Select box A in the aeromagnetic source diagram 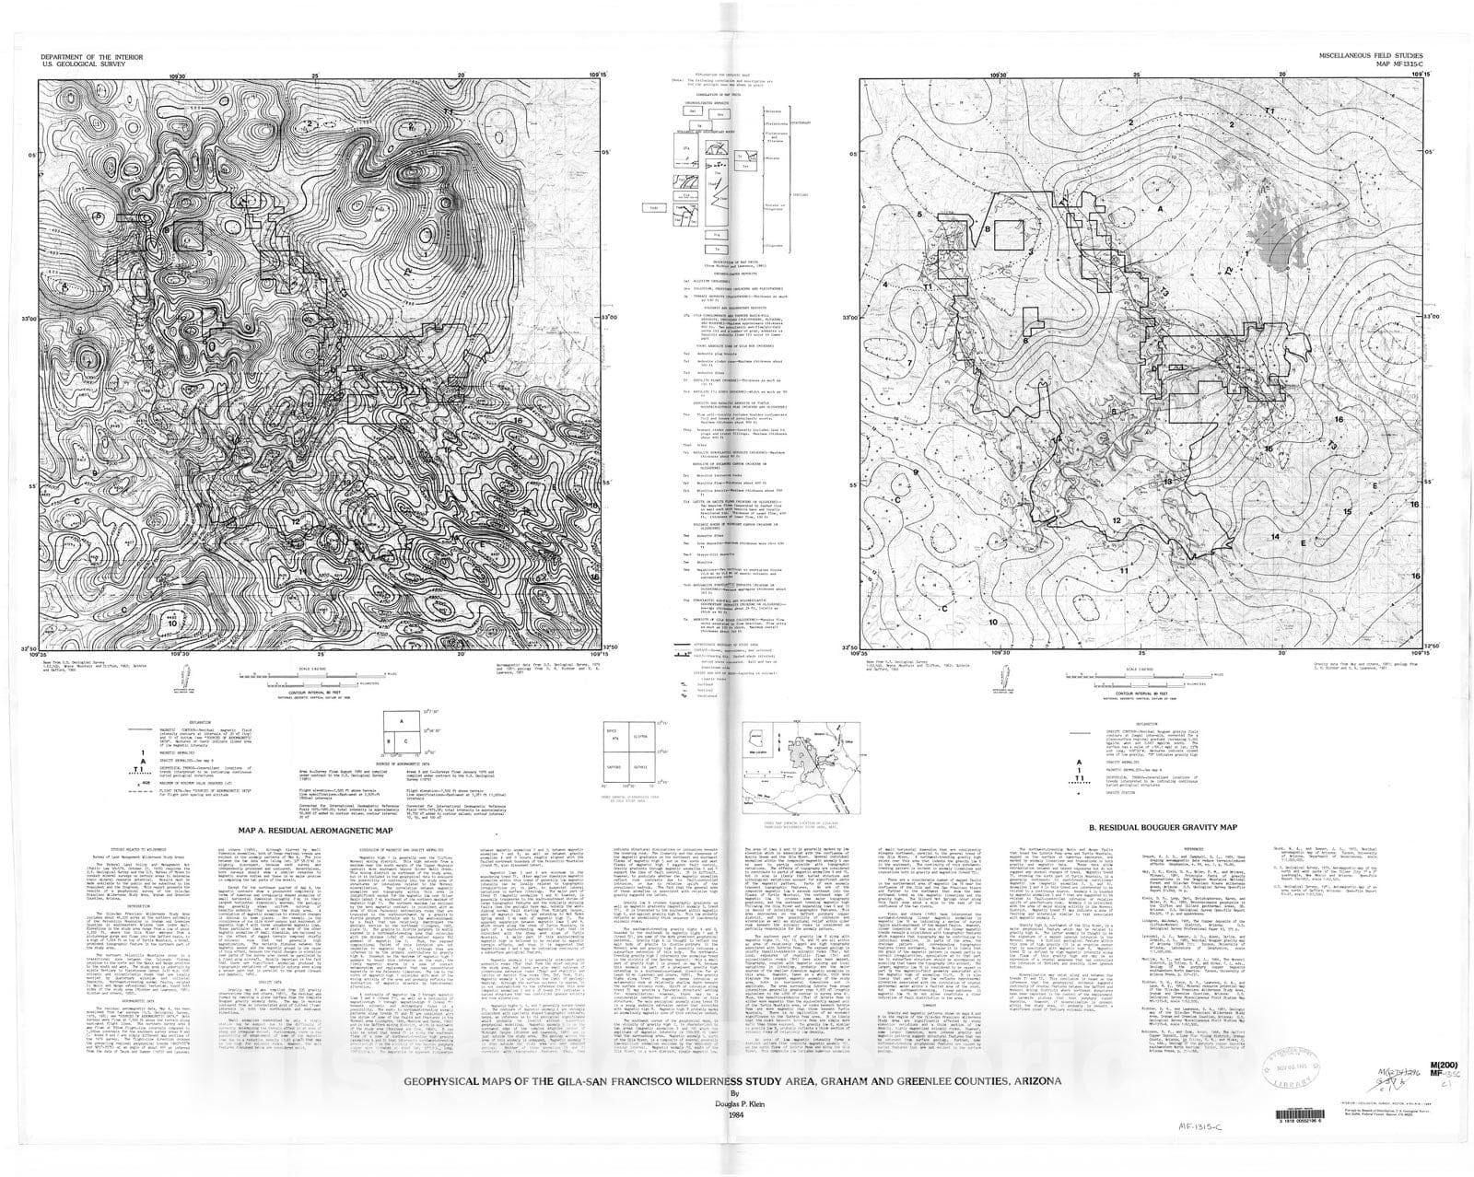tap(402, 722)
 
